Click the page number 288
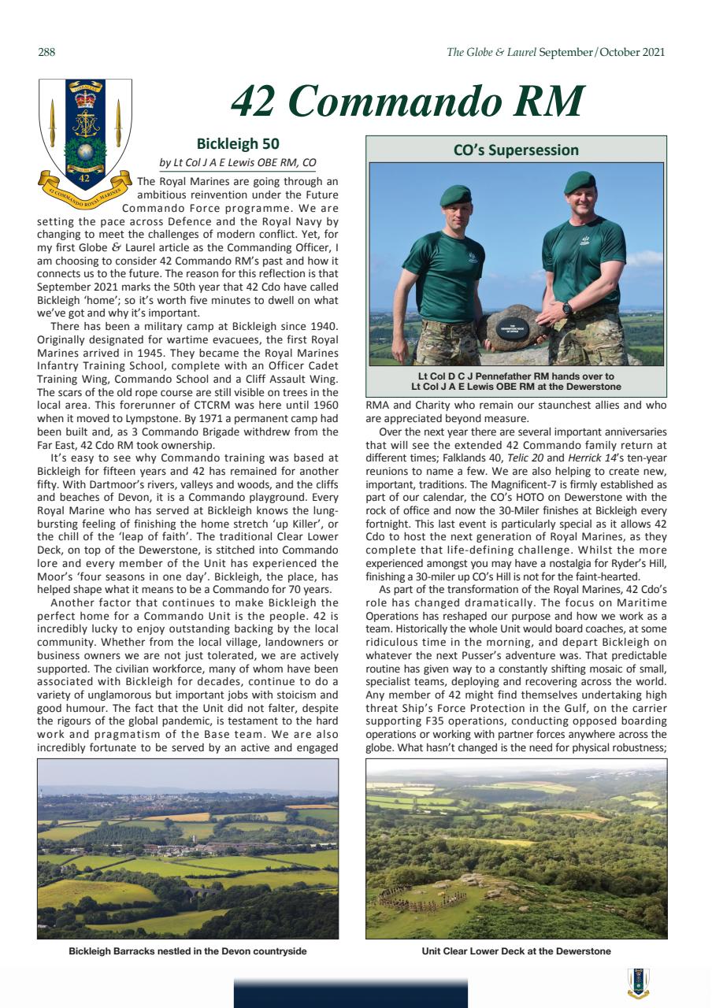pos(46,53)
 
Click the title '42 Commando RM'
pos(407,102)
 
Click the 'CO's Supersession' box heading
pos(516,150)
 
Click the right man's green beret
pos(580,182)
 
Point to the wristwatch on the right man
pos(566,308)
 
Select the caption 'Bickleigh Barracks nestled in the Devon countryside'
pos(187,951)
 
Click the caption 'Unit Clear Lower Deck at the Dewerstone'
pos(516,951)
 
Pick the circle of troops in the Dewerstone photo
pos(421,896)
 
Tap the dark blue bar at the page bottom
pos(350,992)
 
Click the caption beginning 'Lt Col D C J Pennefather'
pos(516,382)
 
